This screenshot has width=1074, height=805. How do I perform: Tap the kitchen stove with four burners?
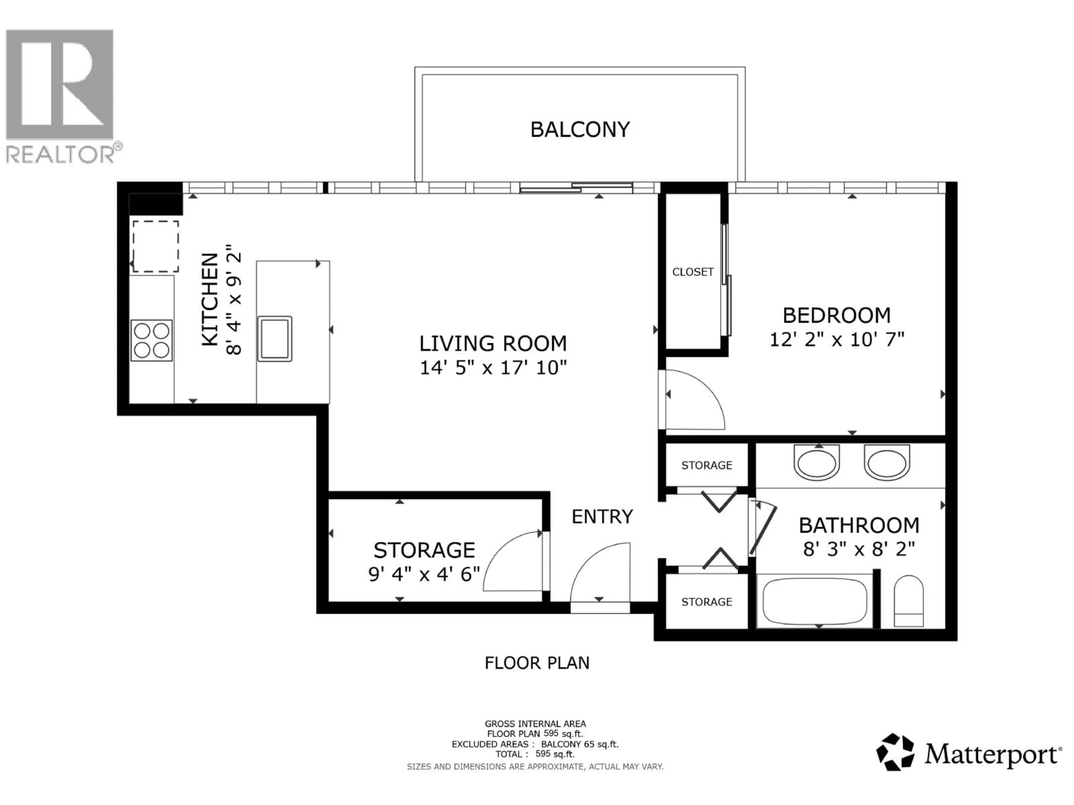pos(152,340)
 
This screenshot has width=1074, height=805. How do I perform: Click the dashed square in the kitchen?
pos(156,247)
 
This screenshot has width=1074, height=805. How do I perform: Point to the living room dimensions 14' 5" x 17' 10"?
pos(493,368)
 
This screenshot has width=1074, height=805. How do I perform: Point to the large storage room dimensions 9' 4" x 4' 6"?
pos(424,574)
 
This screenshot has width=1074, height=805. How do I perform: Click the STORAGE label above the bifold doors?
pos(706,465)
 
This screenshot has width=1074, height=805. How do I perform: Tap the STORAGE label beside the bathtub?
pos(706,602)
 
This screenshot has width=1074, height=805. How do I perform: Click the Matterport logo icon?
pos(895,752)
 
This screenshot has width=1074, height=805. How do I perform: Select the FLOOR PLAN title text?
pos(536,663)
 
